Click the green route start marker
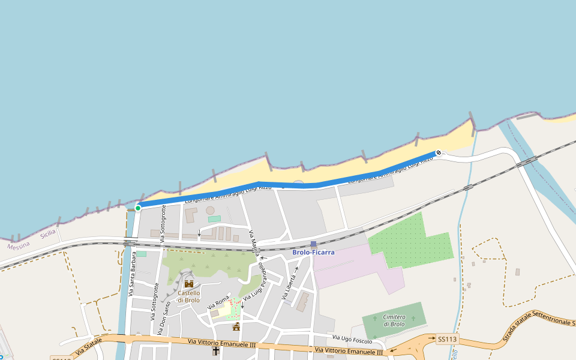[x=138, y=208]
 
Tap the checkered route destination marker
[x=439, y=152]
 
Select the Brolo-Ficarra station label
[x=313, y=253]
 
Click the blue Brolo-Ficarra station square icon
[x=313, y=244]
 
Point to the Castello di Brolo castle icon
[x=188, y=284]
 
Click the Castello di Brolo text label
[x=188, y=296]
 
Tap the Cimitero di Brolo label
[x=394, y=320]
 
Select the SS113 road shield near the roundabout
[x=447, y=339]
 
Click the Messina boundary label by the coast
[x=18, y=246]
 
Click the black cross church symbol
[x=216, y=350]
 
